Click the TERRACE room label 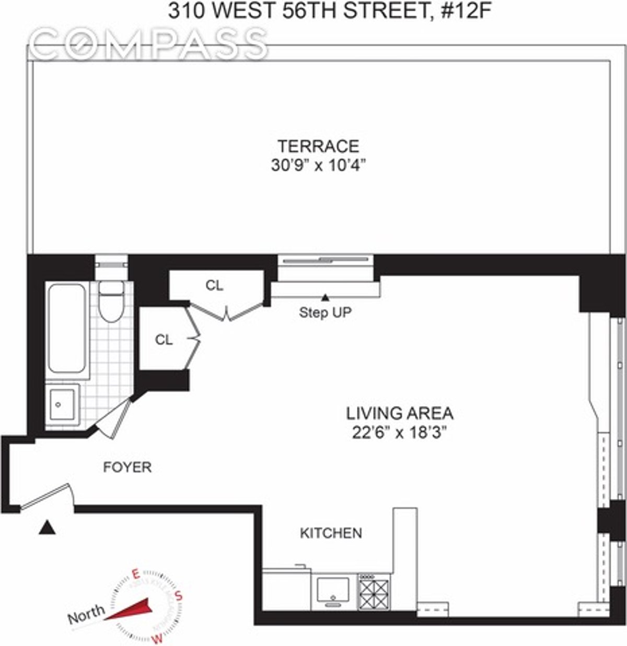[x=318, y=146]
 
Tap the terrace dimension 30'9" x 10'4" [x=318, y=165]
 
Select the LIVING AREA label [x=400, y=413]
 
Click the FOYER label [x=127, y=466]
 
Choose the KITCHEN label [x=330, y=533]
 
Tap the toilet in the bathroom [x=110, y=302]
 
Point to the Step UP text [x=325, y=313]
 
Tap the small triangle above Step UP [x=325, y=298]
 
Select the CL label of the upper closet [x=214, y=285]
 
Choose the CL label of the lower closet [x=164, y=340]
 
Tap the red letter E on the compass [x=136, y=575]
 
